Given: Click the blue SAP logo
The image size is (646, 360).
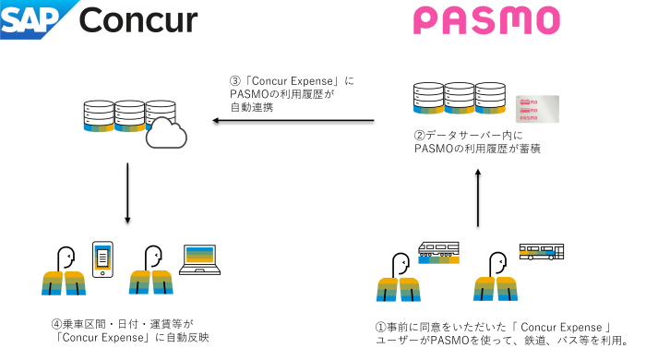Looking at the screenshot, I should [x=33, y=19].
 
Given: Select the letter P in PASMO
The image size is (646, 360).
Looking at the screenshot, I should [x=427, y=20].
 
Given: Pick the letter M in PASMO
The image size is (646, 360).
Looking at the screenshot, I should [x=516, y=20].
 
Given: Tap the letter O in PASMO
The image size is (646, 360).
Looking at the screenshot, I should [x=546, y=20].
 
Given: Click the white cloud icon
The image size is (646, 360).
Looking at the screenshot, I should [x=165, y=134].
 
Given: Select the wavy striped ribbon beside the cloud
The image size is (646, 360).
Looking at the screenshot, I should [x=114, y=127].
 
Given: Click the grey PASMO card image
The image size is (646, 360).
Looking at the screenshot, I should [x=537, y=109].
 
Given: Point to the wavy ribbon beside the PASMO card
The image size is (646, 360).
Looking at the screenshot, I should [x=460, y=110].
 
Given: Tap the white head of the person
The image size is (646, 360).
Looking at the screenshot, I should [x=66, y=258].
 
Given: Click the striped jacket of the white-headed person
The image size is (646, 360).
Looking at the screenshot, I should [x=64, y=282].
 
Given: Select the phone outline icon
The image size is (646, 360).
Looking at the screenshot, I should [x=102, y=258].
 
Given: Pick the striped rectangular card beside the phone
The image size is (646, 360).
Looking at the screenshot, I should [x=199, y=255].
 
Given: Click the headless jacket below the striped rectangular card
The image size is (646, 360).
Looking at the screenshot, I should [x=151, y=282].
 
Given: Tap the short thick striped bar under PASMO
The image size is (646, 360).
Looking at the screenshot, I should [x=438, y=259].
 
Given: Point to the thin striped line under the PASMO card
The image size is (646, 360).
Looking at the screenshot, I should [x=536, y=252].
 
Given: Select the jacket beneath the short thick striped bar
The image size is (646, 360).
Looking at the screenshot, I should [x=399, y=289].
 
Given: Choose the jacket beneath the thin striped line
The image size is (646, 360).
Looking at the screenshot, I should [x=496, y=288].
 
